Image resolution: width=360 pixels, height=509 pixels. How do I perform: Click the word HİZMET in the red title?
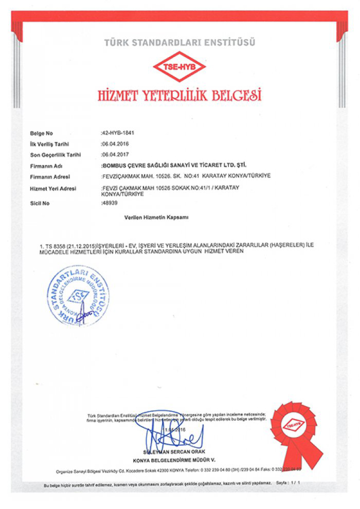tap(121, 95)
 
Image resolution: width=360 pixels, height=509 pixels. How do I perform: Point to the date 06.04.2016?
tap(115, 144)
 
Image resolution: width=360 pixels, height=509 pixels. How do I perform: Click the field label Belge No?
tap(42, 134)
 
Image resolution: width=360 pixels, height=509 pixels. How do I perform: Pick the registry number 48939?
tap(110, 204)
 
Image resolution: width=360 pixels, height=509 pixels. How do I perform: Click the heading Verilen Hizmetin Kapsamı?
tap(156, 218)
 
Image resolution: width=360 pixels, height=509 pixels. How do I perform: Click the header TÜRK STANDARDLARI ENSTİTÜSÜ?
tap(179, 42)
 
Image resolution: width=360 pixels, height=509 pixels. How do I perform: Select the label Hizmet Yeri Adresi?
tap(53, 189)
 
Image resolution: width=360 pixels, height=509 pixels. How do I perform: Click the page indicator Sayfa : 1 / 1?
tap(288, 484)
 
